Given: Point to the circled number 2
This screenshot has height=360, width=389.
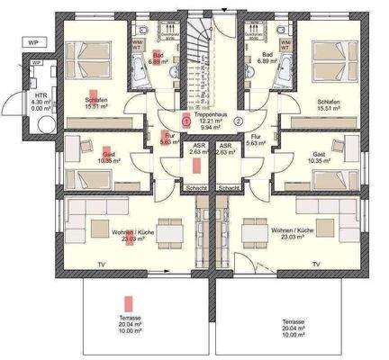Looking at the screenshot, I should tap(238, 121).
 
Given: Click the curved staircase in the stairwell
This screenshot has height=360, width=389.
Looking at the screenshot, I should tap(204, 63).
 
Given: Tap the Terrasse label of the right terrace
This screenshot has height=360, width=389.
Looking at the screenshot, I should tap(291, 321).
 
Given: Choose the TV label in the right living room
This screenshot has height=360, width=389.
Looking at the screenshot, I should tap(316, 264).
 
